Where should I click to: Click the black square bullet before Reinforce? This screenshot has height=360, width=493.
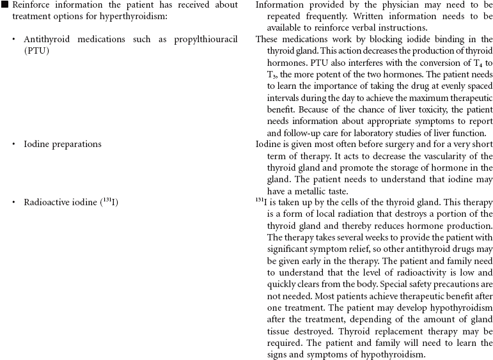[4, 5]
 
